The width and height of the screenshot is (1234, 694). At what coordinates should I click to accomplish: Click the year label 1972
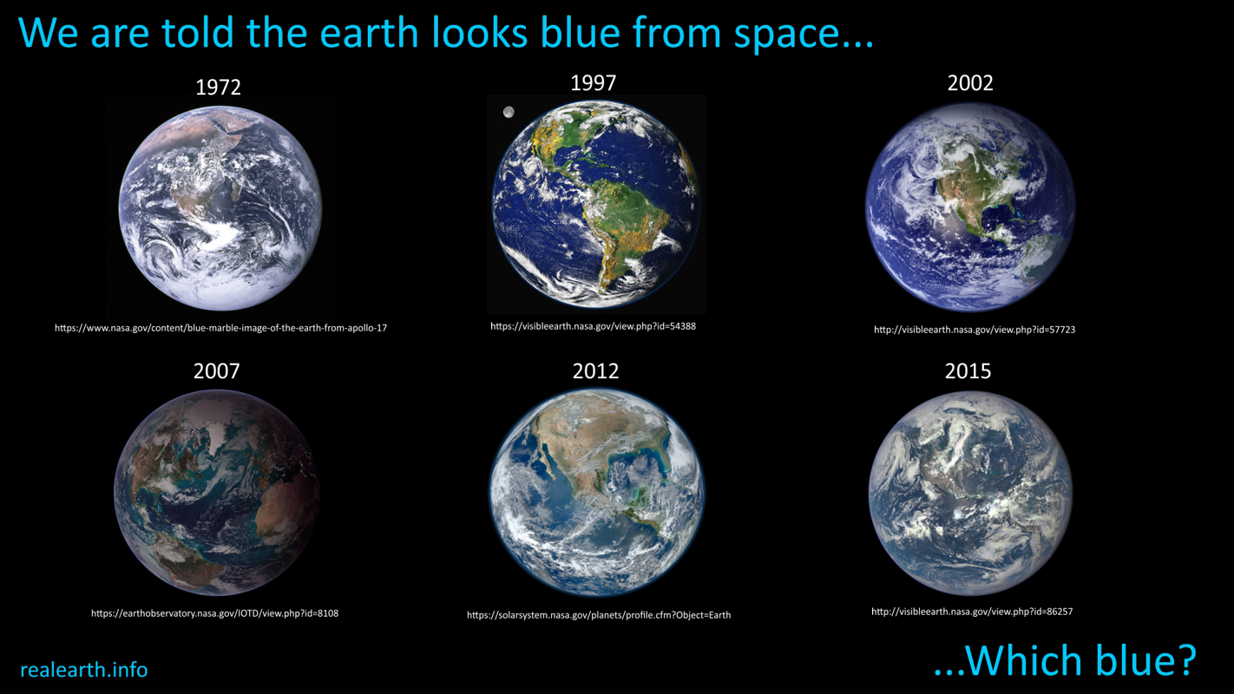pyautogui.click(x=218, y=87)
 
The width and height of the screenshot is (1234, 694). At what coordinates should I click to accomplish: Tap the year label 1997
pyautogui.click(x=593, y=83)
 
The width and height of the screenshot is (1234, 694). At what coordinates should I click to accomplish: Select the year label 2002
pyautogui.click(x=970, y=83)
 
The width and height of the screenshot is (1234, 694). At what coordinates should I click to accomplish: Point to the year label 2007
pyautogui.click(x=216, y=371)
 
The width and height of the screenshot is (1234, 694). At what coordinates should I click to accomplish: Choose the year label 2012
pyautogui.click(x=595, y=371)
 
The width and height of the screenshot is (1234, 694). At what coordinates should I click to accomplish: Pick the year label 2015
pyautogui.click(x=968, y=371)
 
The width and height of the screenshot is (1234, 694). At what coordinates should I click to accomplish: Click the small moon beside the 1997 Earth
pyautogui.click(x=509, y=113)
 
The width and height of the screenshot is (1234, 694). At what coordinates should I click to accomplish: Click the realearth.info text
pyautogui.click(x=83, y=670)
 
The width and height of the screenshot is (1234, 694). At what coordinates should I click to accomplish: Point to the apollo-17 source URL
pyautogui.click(x=220, y=328)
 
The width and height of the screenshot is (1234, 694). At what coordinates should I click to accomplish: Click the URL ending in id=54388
pyautogui.click(x=594, y=326)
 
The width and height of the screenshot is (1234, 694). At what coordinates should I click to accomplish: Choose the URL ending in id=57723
pyautogui.click(x=975, y=330)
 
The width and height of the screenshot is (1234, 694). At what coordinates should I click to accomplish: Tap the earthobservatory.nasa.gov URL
pyautogui.click(x=215, y=613)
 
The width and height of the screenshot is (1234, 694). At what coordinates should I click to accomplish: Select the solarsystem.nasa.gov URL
pyautogui.click(x=599, y=615)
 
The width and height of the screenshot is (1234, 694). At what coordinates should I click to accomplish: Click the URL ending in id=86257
pyautogui.click(x=972, y=612)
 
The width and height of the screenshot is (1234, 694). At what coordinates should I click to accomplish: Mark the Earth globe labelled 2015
pyautogui.click(x=971, y=493)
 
